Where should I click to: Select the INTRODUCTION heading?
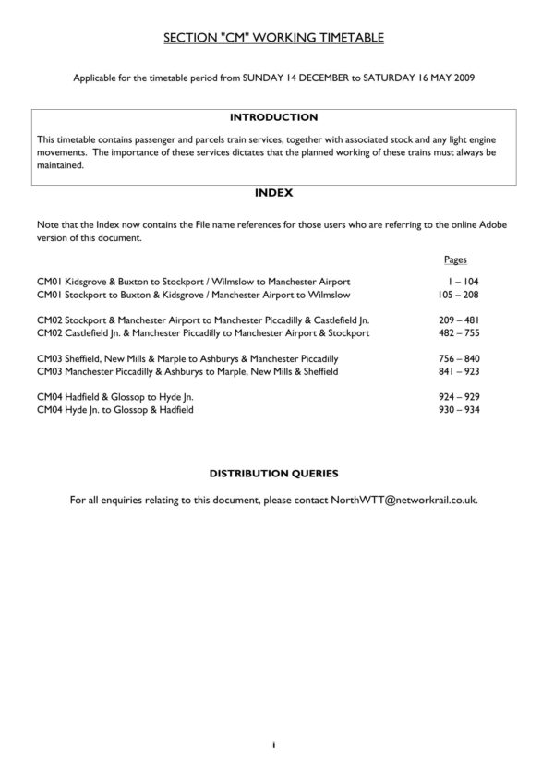(273, 117)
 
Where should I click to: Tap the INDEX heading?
(273, 193)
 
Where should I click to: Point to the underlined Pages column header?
(454, 260)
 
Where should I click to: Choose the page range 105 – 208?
(458, 294)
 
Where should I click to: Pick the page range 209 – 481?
(458, 319)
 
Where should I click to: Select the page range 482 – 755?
(458, 332)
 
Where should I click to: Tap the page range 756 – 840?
(458, 357)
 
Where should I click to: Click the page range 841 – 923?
(458, 370)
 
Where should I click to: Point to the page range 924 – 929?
(458, 395)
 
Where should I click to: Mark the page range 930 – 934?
(458, 408)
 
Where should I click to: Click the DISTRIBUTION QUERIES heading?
(273, 473)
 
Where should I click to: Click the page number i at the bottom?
(274, 744)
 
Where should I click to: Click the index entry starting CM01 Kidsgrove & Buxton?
(193, 281)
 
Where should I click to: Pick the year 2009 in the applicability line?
(463, 78)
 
